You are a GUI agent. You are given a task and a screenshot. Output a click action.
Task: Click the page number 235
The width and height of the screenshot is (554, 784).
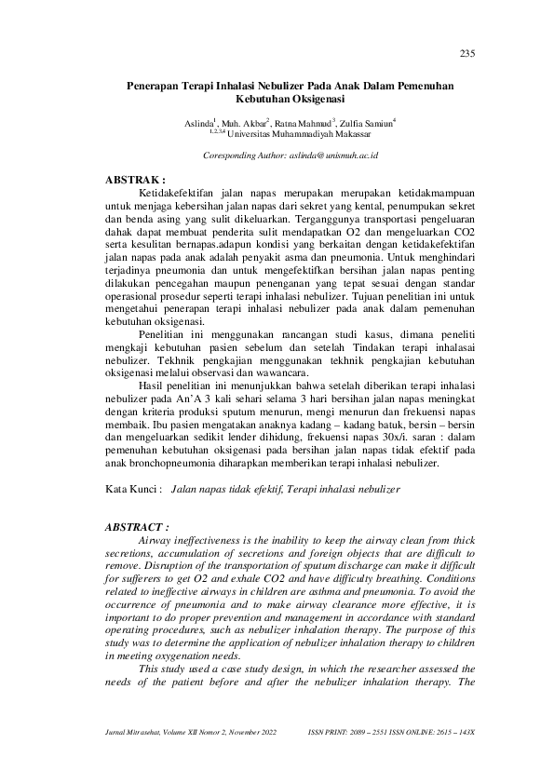pos(468,52)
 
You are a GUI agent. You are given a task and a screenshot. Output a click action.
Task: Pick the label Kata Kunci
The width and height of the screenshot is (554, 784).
pos(132,487)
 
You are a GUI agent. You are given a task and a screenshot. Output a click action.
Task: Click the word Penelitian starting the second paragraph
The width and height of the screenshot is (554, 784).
pos(162,333)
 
